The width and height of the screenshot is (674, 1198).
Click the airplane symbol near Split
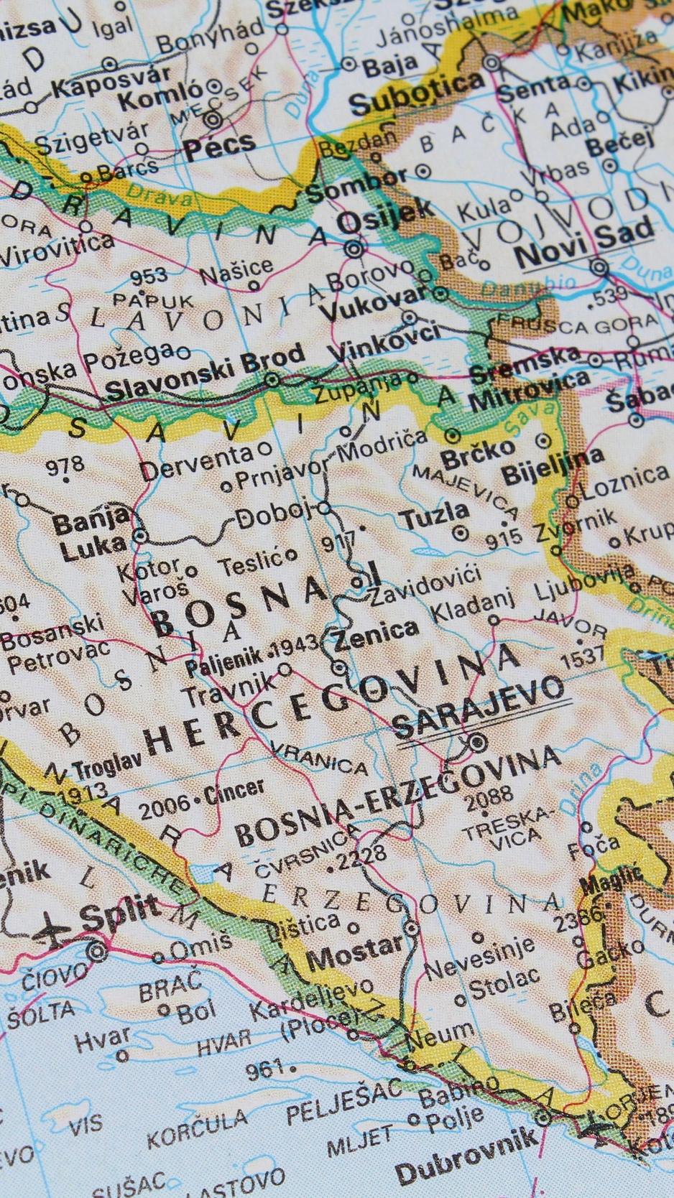[52, 928]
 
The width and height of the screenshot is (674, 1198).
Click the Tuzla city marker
[460, 533]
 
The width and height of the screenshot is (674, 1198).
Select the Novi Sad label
[583, 242]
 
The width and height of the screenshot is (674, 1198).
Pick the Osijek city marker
[354, 249]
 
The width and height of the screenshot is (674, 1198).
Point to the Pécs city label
[219, 146]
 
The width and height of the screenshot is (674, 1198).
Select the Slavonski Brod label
[205, 374]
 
